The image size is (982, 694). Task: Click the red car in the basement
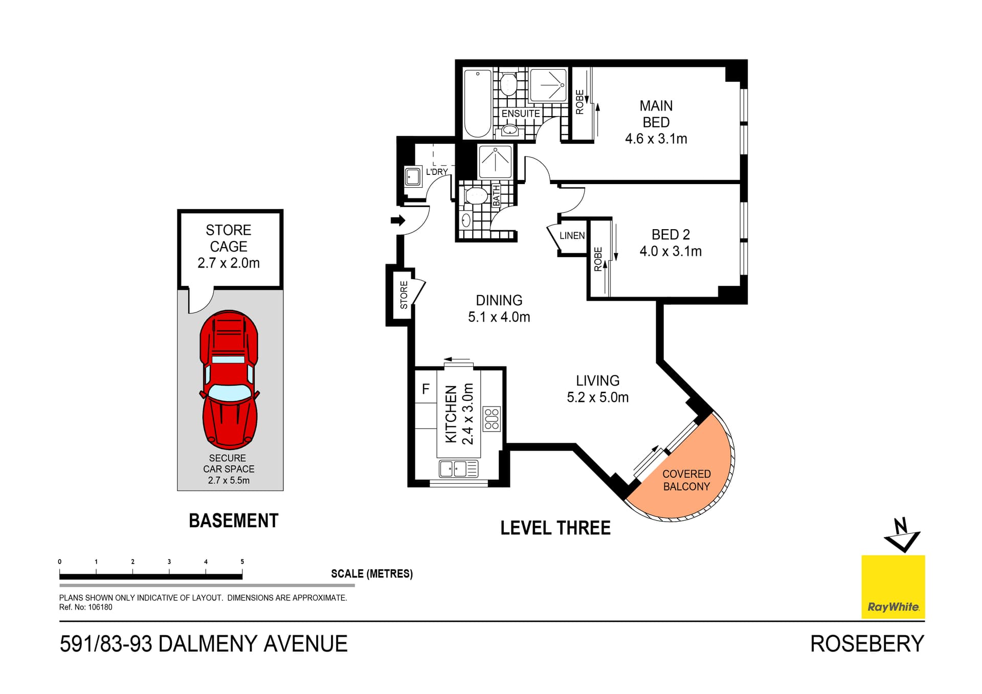[x=229, y=379]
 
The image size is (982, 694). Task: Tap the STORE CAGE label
[x=229, y=238]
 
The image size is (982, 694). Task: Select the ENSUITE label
[x=520, y=114]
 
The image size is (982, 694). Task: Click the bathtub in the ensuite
[x=478, y=104]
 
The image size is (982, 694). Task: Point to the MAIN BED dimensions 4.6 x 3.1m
[x=656, y=139]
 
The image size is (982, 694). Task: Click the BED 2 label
[x=671, y=235]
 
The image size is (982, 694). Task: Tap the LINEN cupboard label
[x=572, y=236]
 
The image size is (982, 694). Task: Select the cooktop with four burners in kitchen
[x=492, y=419]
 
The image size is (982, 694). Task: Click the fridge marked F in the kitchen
[x=426, y=390]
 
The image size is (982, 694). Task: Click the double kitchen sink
[x=453, y=468]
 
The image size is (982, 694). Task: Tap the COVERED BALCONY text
[x=686, y=480]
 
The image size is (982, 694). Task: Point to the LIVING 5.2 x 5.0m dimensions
[x=597, y=397]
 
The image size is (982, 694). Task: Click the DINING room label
[x=499, y=300]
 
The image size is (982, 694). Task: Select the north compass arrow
[x=902, y=535]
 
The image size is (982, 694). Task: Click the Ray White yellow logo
[x=893, y=587]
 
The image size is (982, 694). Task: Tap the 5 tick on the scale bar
[x=242, y=569]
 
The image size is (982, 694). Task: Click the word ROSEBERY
[x=867, y=644]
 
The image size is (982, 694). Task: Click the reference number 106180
[x=100, y=608]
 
